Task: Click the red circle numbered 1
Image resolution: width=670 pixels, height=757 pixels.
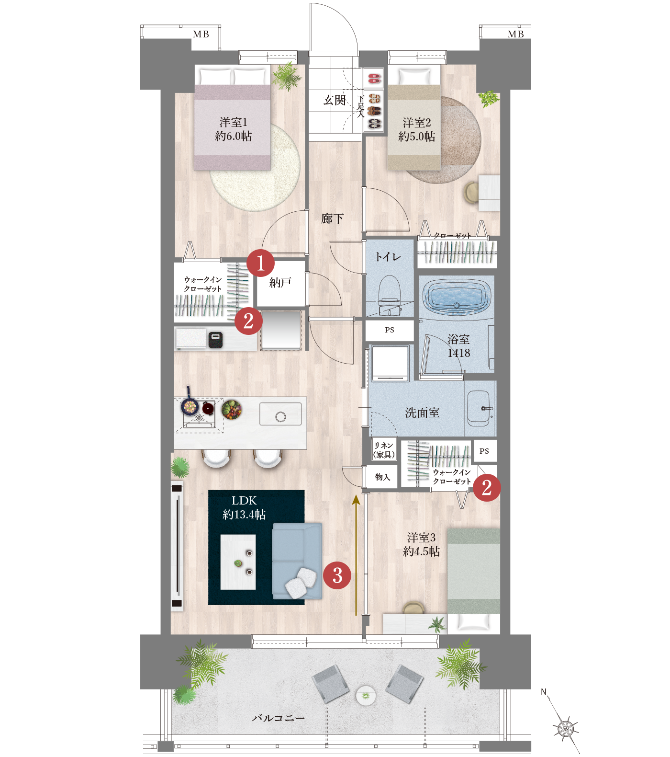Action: tap(261, 263)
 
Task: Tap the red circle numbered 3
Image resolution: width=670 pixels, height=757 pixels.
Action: tap(337, 575)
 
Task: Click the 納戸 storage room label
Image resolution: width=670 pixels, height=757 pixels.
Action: tap(280, 283)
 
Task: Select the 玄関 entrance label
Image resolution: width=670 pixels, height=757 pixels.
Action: tap(335, 100)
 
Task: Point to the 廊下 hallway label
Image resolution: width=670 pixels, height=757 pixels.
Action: tap(333, 218)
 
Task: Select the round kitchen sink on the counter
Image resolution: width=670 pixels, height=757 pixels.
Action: tap(281, 417)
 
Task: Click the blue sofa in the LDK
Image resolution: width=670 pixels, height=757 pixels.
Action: tap(297, 561)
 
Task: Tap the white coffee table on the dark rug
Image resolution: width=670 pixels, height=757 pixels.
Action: tap(238, 562)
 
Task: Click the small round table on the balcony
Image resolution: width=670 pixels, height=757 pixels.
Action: tap(366, 695)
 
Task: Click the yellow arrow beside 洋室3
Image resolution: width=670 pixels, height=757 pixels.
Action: tap(356, 555)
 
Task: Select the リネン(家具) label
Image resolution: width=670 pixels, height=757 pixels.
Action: tap(384, 450)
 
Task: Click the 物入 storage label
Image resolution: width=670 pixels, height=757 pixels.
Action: tap(383, 477)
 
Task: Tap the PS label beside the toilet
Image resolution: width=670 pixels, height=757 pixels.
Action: tap(390, 330)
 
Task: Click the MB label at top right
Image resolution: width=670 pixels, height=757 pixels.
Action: tap(516, 34)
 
